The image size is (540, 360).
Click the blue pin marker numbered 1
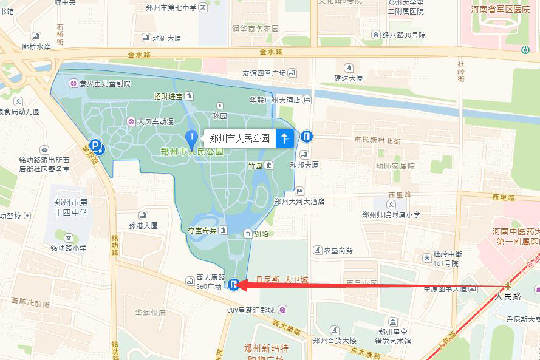click(191, 138)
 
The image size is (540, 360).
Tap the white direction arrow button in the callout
click(285, 138)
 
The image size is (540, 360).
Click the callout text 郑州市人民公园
click(239, 138)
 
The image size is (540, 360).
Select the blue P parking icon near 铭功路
click(95, 145)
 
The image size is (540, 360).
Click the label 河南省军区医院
click(500, 10)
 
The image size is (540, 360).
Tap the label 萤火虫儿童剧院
click(105, 83)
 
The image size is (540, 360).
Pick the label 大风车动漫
click(155, 121)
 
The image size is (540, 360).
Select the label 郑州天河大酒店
click(299, 202)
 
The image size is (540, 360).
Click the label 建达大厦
click(349, 78)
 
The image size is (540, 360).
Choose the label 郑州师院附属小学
click(391, 214)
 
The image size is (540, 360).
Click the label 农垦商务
click(338, 250)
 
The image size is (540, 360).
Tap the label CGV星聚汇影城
click(250, 310)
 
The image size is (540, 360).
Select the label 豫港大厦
click(143, 225)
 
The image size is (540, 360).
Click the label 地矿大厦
click(166, 38)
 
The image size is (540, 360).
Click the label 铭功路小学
click(69, 248)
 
